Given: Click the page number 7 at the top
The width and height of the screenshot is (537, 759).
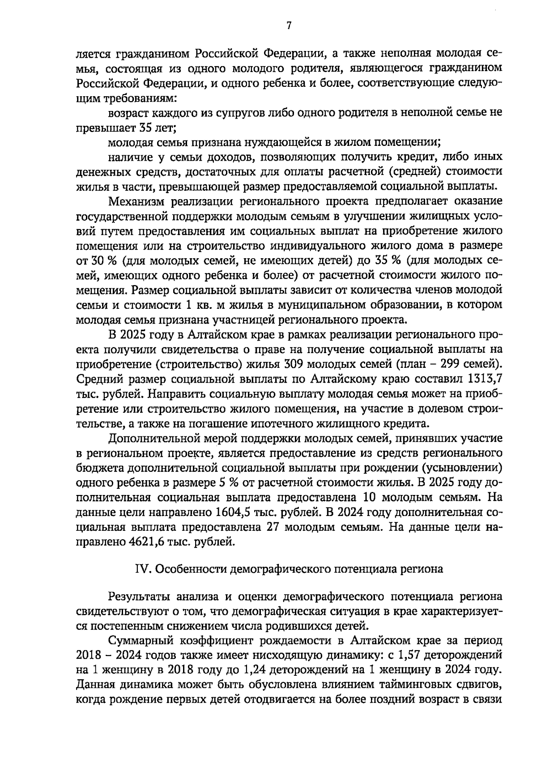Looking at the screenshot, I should (x=289, y=26).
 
